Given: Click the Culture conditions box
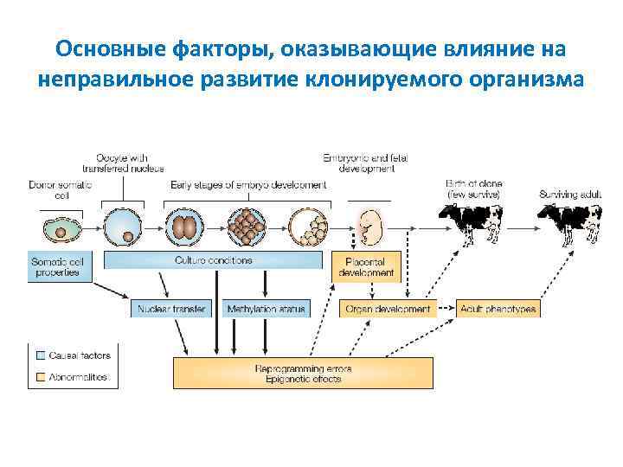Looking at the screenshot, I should click(x=214, y=260).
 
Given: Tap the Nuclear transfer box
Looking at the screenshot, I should click(x=171, y=309).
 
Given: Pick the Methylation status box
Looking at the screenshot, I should click(x=266, y=309).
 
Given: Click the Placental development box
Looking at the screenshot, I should click(x=367, y=266).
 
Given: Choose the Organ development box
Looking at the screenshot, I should click(x=388, y=309).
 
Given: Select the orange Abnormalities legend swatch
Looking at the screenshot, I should click(x=41, y=377).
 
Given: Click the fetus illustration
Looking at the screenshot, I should click(x=369, y=227).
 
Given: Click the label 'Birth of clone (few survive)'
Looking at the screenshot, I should click(x=473, y=189).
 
